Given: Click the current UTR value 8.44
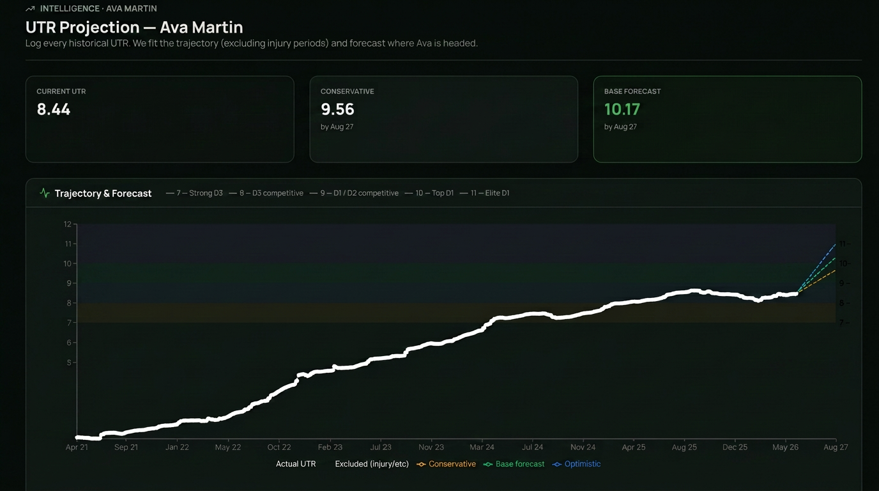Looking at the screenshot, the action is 54,109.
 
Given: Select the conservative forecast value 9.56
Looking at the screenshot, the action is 337,109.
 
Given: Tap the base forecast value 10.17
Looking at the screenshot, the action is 622,109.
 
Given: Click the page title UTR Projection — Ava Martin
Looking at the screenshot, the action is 134,27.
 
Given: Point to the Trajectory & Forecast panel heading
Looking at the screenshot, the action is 103,193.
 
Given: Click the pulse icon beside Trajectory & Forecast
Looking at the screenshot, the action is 45,193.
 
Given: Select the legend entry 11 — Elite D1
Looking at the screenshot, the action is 485,193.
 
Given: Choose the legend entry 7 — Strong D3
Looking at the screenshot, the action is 194,193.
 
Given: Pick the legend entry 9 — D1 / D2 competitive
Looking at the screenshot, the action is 354,193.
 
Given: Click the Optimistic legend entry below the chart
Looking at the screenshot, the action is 576,464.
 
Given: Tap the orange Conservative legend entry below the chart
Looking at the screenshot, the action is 446,464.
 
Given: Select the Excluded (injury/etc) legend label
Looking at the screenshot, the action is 372,464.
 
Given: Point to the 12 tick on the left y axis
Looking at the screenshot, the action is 68,224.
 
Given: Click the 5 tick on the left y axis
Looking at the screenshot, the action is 69,362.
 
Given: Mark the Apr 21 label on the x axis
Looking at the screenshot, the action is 77,447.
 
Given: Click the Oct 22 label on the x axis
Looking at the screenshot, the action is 279,447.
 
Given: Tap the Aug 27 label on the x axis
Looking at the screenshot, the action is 836,447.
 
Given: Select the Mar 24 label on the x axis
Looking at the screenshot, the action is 482,447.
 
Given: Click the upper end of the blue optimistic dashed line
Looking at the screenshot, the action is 836,244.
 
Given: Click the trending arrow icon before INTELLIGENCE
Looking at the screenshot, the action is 30,9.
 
